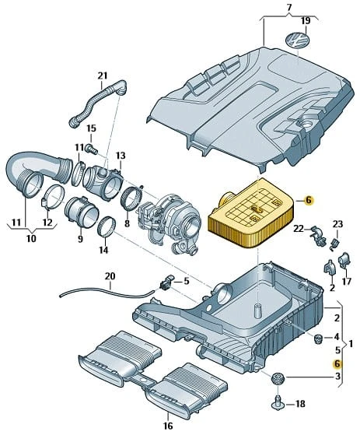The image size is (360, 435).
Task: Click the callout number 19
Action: pyautogui.click(x=306, y=21)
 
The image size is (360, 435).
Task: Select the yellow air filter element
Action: pyautogui.click(x=251, y=213)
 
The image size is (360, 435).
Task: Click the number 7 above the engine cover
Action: pyautogui.click(x=289, y=8)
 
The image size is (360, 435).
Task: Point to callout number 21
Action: pyautogui.click(x=103, y=75)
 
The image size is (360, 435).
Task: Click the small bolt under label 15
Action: pyautogui.click(x=93, y=149)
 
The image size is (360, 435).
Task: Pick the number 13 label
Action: pyautogui.click(x=121, y=156)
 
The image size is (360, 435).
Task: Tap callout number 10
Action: pyautogui.click(x=32, y=238)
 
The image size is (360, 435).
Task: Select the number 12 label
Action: pyautogui.click(x=47, y=223)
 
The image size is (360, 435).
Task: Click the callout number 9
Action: pyautogui.click(x=80, y=239)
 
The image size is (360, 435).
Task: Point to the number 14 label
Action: pyautogui.click(x=103, y=250)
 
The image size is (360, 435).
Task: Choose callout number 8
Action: pyautogui.click(x=127, y=223)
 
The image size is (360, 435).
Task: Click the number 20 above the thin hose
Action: pyautogui.click(x=110, y=276)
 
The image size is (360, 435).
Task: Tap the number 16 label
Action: pyautogui.click(x=168, y=426)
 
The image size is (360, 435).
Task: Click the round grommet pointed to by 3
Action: pyautogui.click(x=277, y=379)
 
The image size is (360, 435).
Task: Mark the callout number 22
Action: pyautogui.click(x=299, y=229)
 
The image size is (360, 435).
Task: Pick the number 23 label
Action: pyautogui.click(x=337, y=224)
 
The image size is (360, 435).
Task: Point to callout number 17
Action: pyautogui.click(x=347, y=282)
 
